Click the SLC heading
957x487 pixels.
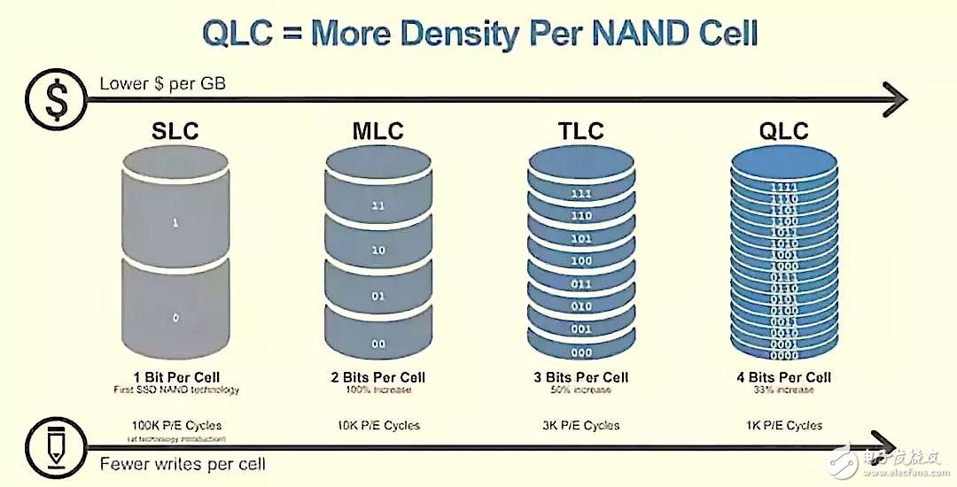[175, 132]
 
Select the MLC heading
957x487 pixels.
[377, 132]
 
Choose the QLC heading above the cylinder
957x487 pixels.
[783, 132]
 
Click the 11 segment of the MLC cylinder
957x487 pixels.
[378, 205]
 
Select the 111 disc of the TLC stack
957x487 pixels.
[581, 194]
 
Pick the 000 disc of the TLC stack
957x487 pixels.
[581, 352]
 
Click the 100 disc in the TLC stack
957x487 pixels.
[581, 261]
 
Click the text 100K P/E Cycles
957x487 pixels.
[175, 425]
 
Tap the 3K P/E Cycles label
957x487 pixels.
[580, 425]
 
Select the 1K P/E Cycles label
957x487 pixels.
[783, 425]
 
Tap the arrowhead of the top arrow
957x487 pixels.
[897, 97]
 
